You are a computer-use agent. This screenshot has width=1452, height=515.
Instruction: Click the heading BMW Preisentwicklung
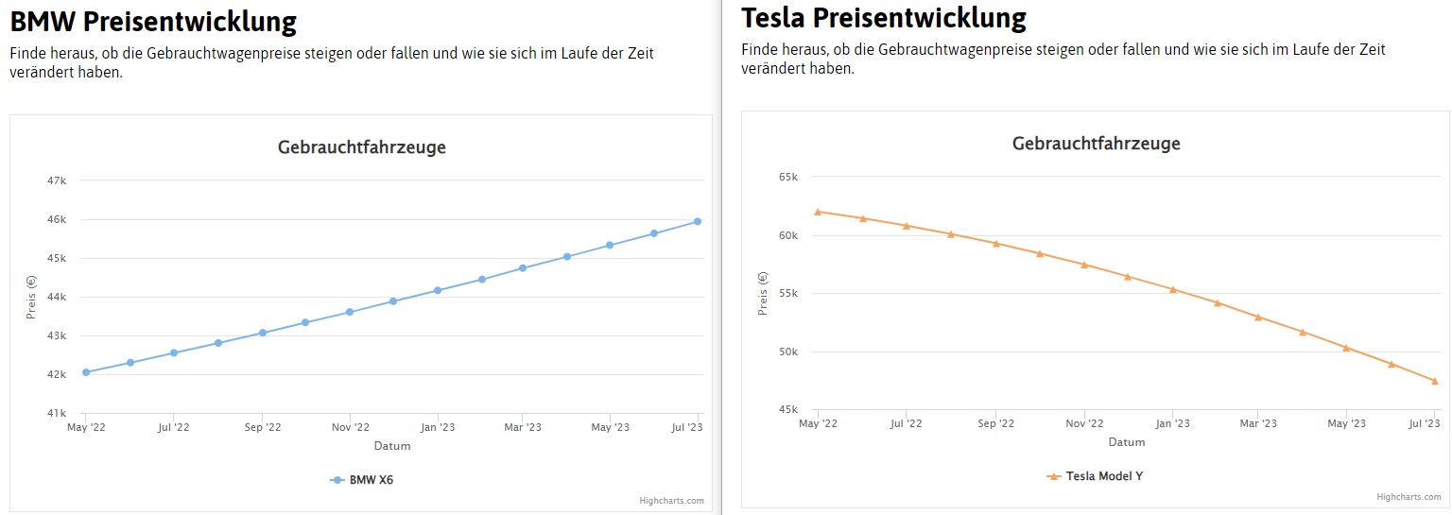pos(153,21)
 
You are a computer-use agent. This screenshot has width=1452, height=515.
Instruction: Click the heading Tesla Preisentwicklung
pos(883,18)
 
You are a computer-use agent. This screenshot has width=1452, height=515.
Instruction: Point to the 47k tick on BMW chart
pos(57,180)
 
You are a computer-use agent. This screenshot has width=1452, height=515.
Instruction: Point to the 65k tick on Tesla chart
pos(788,177)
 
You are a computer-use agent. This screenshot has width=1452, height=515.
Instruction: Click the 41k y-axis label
pos(57,413)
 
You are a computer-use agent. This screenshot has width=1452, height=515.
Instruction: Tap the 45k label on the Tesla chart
pos(788,410)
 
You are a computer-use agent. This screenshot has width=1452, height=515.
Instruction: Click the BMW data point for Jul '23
pos(698,221)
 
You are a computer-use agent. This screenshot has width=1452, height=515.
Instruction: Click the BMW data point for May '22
pos(86,372)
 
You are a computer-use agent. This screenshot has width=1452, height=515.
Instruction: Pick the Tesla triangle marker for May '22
pos(818,212)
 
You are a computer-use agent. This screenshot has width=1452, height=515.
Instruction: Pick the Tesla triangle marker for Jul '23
pos(1435,381)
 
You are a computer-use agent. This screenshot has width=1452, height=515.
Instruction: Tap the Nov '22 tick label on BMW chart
pos(349,428)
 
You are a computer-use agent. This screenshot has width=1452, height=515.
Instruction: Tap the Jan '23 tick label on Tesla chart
pos(1172,424)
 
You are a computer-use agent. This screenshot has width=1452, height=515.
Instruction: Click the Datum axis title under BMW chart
pos(391,446)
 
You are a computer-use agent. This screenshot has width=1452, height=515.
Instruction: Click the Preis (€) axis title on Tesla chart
pos(763,293)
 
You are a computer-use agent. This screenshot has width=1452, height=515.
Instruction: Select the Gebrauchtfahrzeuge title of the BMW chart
pos(361,147)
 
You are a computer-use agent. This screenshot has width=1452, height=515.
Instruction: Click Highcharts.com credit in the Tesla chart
pos(1409,496)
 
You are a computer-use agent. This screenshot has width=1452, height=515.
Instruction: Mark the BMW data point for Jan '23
pos(437,290)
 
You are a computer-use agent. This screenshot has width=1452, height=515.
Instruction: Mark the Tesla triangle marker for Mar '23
pos(1258,318)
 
